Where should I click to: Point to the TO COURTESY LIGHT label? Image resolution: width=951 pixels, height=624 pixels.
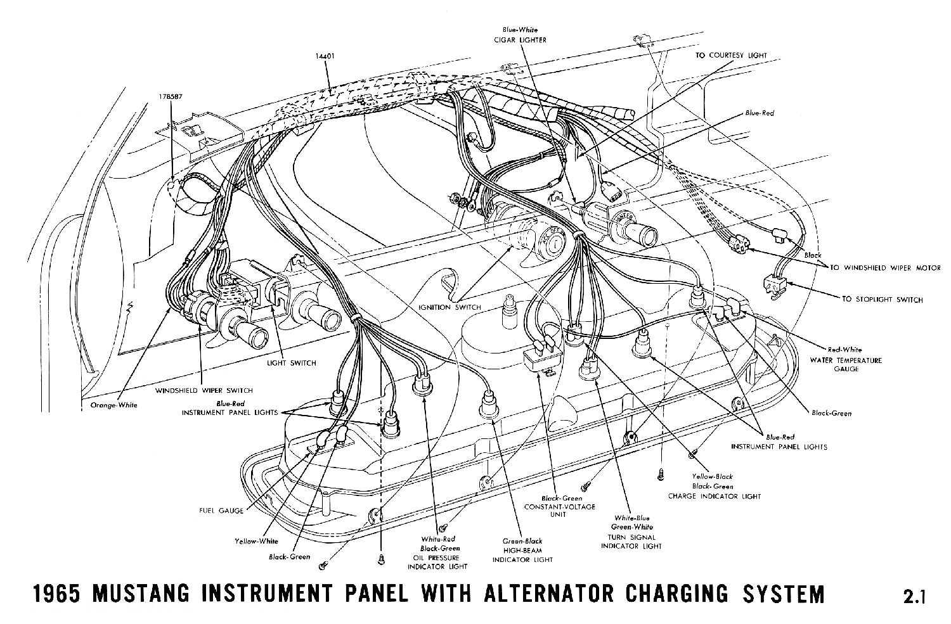coord(731,56)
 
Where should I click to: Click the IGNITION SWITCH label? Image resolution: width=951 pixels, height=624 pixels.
coord(450,307)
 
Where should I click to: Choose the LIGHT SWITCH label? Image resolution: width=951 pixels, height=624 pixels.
coord(291,363)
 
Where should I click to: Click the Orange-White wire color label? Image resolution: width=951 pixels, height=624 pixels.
coord(110,405)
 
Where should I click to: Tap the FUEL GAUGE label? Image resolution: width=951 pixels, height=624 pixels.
coord(221,511)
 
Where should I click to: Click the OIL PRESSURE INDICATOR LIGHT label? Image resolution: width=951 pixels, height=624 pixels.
coord(439,562)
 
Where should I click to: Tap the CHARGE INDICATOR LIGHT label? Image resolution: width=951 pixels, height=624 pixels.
coord(714,496)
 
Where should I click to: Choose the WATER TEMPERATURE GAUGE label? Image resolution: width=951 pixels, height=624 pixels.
coord(854,364)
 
